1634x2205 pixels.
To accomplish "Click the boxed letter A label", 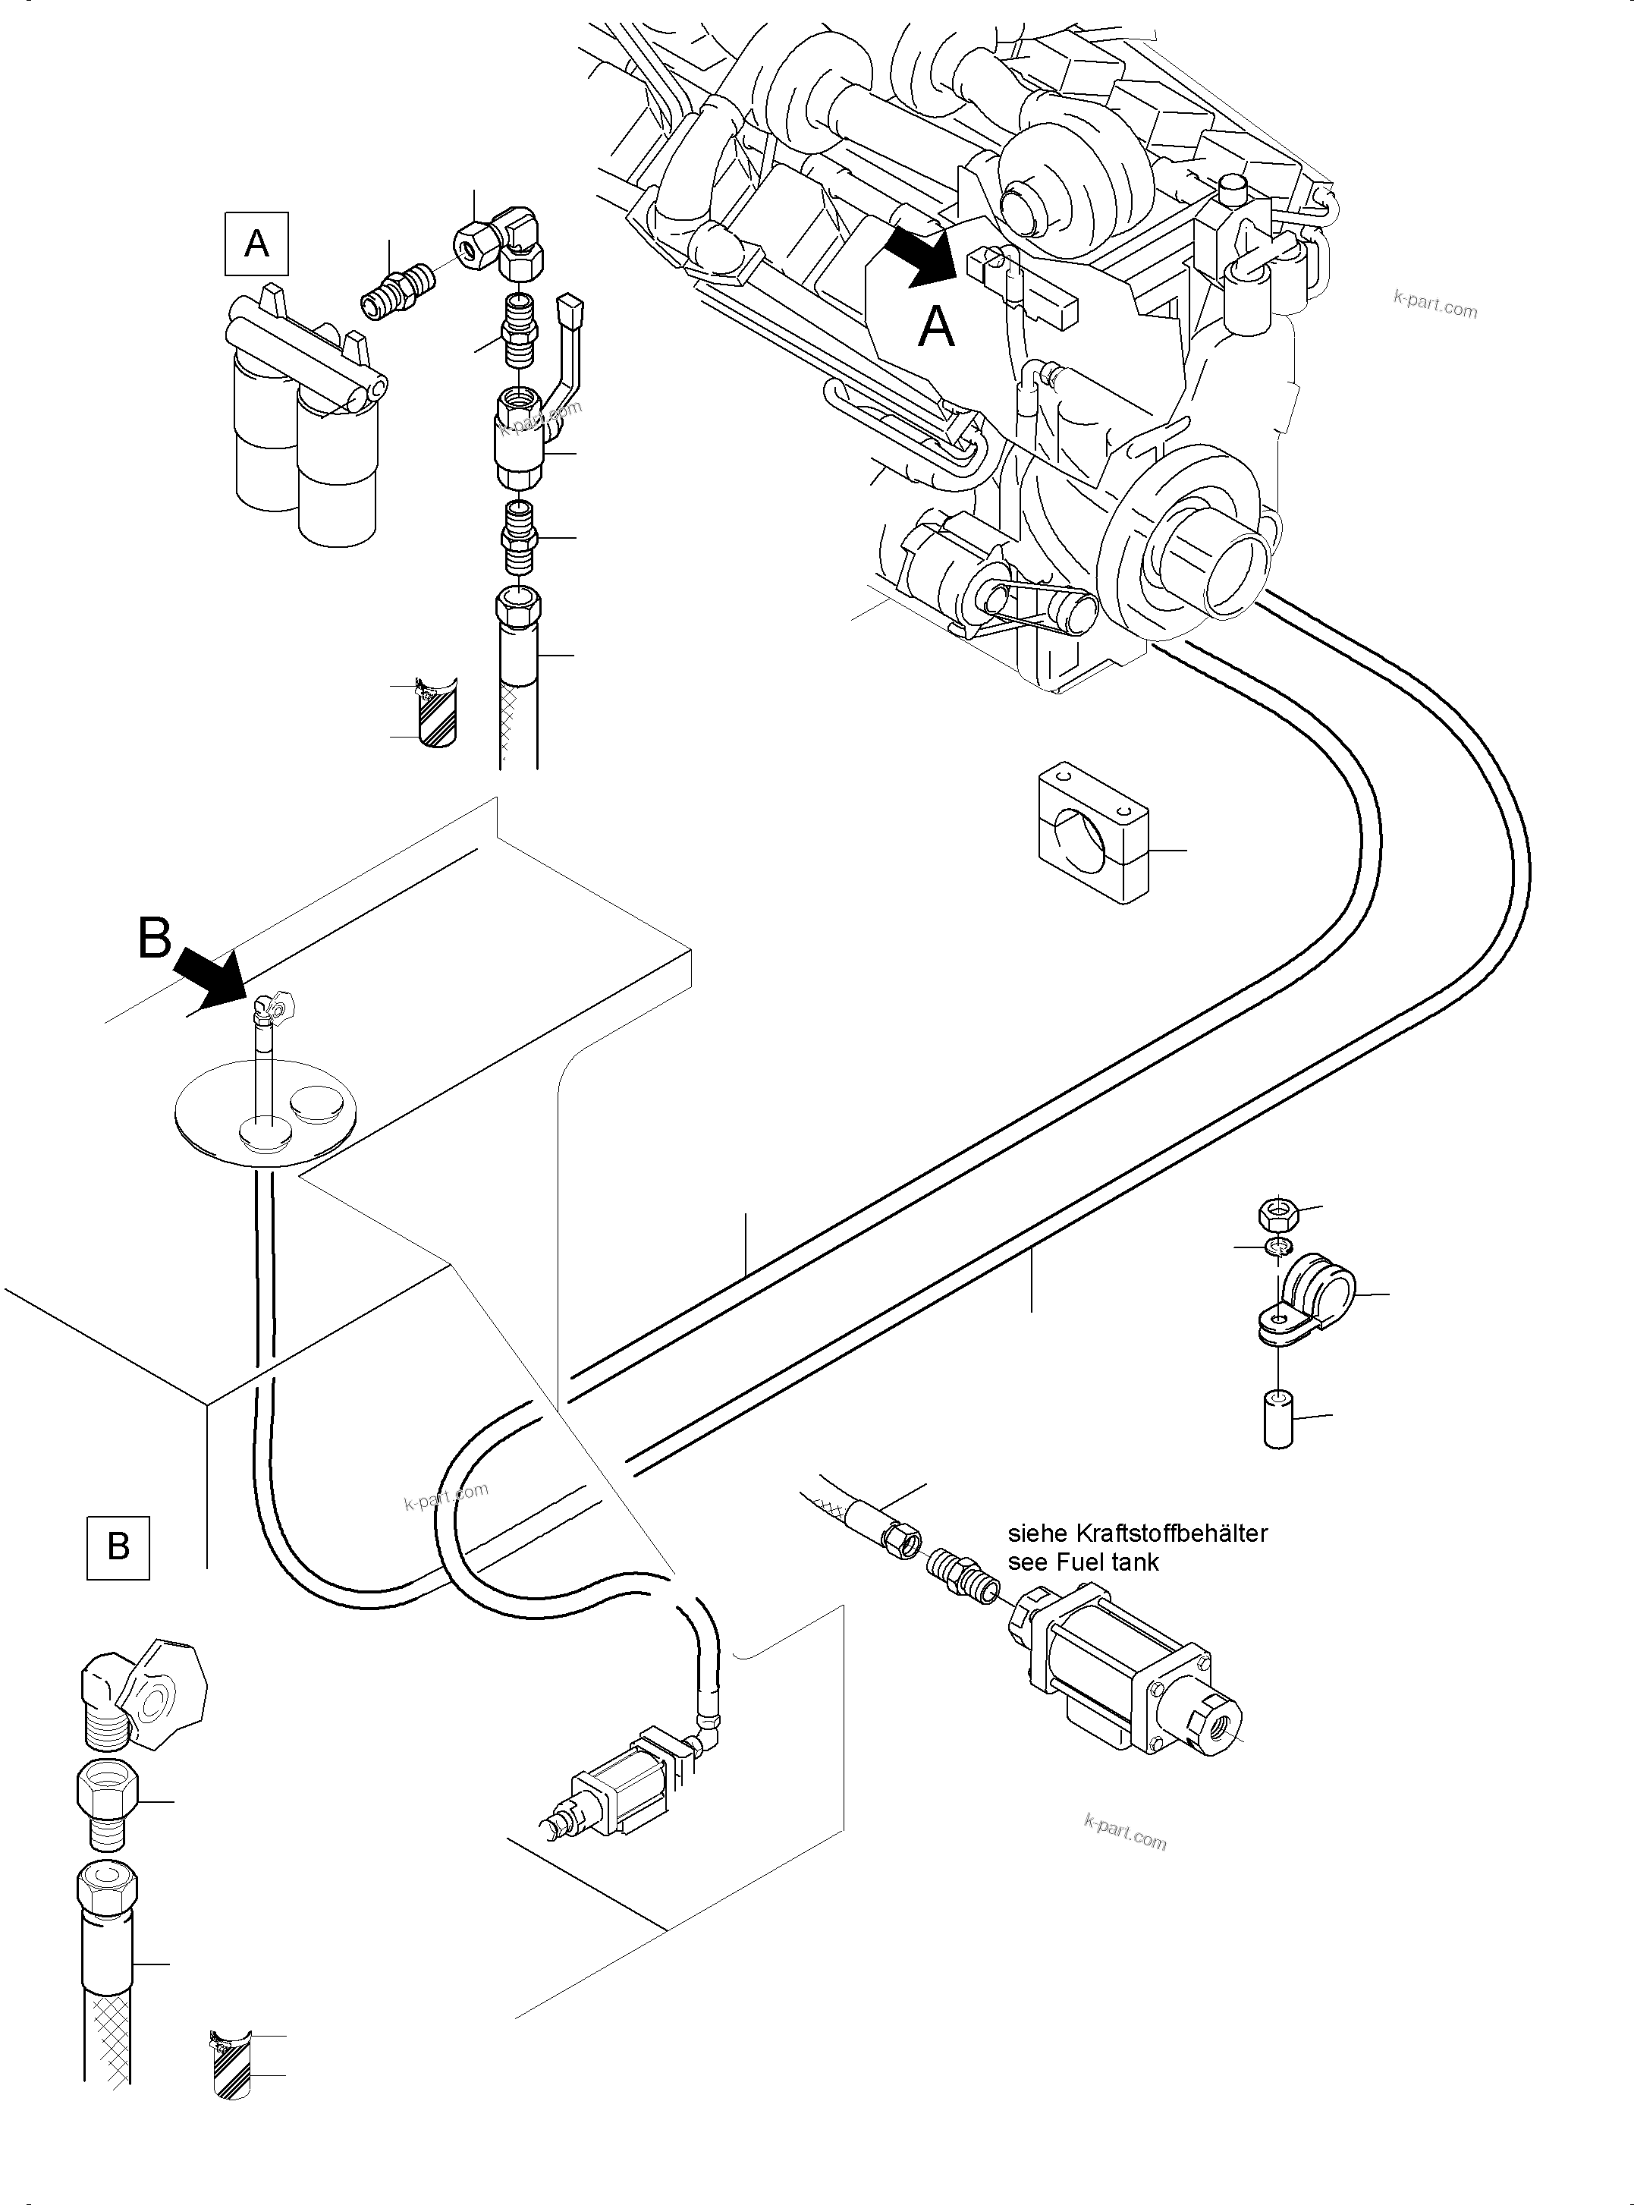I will click(256, 242).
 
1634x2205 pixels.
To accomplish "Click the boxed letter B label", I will click(118, 1546).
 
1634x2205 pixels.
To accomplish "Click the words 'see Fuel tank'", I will click(1083, 1562).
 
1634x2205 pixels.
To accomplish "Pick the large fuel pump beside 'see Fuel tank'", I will click(1123, 1672).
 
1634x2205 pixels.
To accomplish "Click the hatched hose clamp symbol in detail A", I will click(436, 712).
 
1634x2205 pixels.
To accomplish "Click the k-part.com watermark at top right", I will click(1434, 305).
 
